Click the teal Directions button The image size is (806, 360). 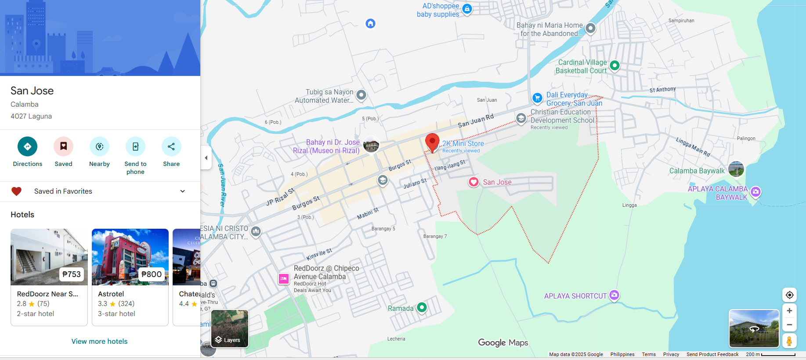(27, 147)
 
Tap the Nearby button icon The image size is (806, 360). (99, 147)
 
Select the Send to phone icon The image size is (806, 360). (135, 147)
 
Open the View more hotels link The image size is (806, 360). (99, 341)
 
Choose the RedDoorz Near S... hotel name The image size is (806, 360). (47, 294)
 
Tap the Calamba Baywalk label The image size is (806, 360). (697, 171)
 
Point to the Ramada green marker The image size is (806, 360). (422, 307)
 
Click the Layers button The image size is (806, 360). (230, 329)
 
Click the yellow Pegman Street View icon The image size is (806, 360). (789, 341)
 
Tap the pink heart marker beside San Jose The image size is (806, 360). (473, 182)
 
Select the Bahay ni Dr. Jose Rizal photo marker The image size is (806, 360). (371, 144)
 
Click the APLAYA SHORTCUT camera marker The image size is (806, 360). (614, 295)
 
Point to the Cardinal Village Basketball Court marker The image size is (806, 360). (614, 65)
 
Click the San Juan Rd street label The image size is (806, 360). (476, 121)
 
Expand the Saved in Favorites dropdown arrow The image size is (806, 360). (183, 191)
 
